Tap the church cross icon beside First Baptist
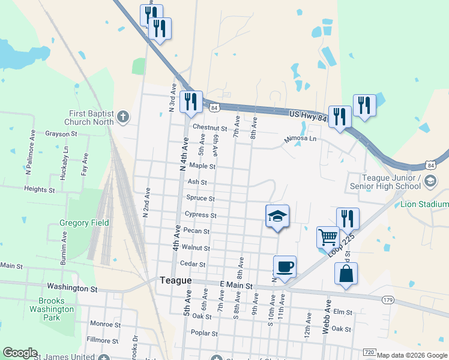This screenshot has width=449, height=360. point(123,116)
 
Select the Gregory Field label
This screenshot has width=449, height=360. point(84,223)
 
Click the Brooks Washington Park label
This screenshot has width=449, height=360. point(55,310)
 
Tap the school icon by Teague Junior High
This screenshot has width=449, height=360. point(430,181)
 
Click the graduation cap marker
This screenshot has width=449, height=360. point(277,215)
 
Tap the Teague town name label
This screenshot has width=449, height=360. point(175,281)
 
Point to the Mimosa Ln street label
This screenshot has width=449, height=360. point(300,139)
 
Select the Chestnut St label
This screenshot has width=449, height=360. point(209,127)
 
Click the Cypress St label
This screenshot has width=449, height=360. point(200,215)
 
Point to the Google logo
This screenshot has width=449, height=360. point(20,353)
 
